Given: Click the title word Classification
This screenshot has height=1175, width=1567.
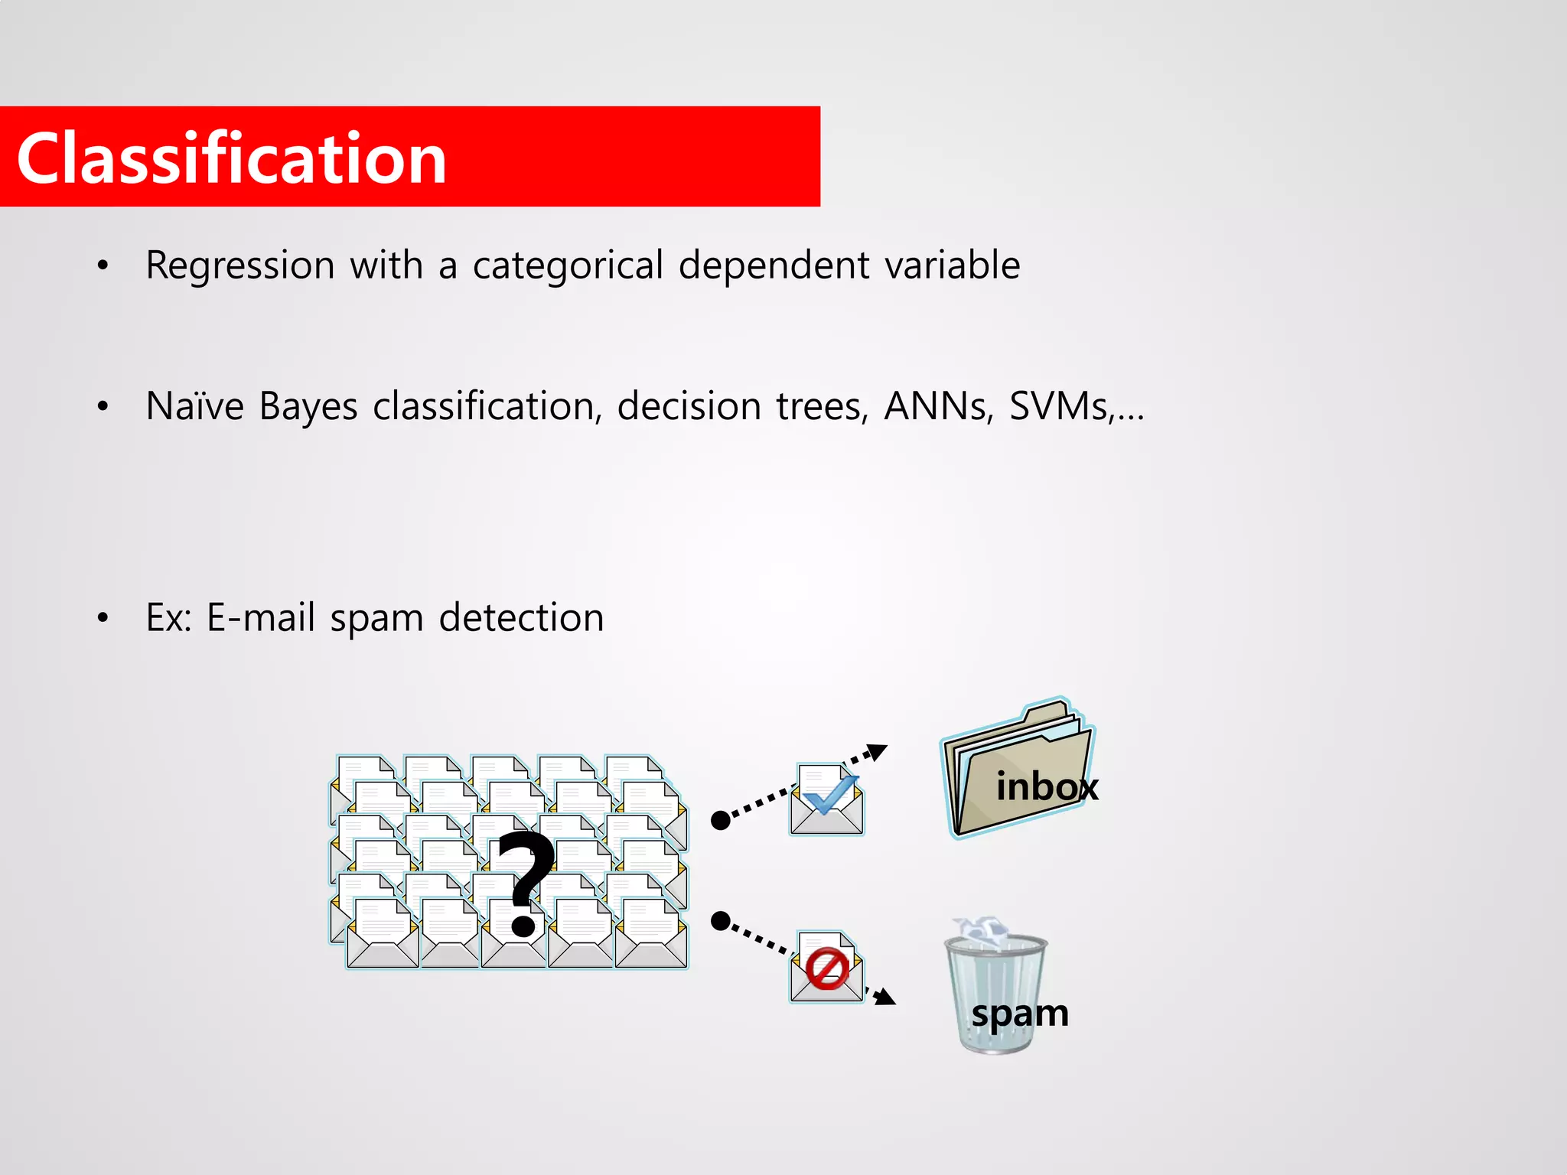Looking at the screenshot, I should [x=231, y=158].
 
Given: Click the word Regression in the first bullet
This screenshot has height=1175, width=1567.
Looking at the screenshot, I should [x=240, y=266].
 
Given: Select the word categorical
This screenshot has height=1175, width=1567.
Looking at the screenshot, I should [x=567, y=266].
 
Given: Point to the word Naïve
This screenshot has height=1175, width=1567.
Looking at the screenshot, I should [x=194, y=406].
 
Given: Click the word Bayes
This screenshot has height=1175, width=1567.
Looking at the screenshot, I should [x=308, y=407].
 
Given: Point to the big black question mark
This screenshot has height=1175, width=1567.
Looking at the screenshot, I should [x=525, y=884].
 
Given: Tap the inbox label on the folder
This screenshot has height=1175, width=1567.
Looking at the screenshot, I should [x=1046, y=786].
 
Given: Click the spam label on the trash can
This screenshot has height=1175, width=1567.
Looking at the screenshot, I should [x=1019, y=1014].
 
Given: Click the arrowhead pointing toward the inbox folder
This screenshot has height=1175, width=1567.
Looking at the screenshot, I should [x=878, y=751].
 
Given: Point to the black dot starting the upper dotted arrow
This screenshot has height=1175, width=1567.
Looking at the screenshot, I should [x=720, y=820].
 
